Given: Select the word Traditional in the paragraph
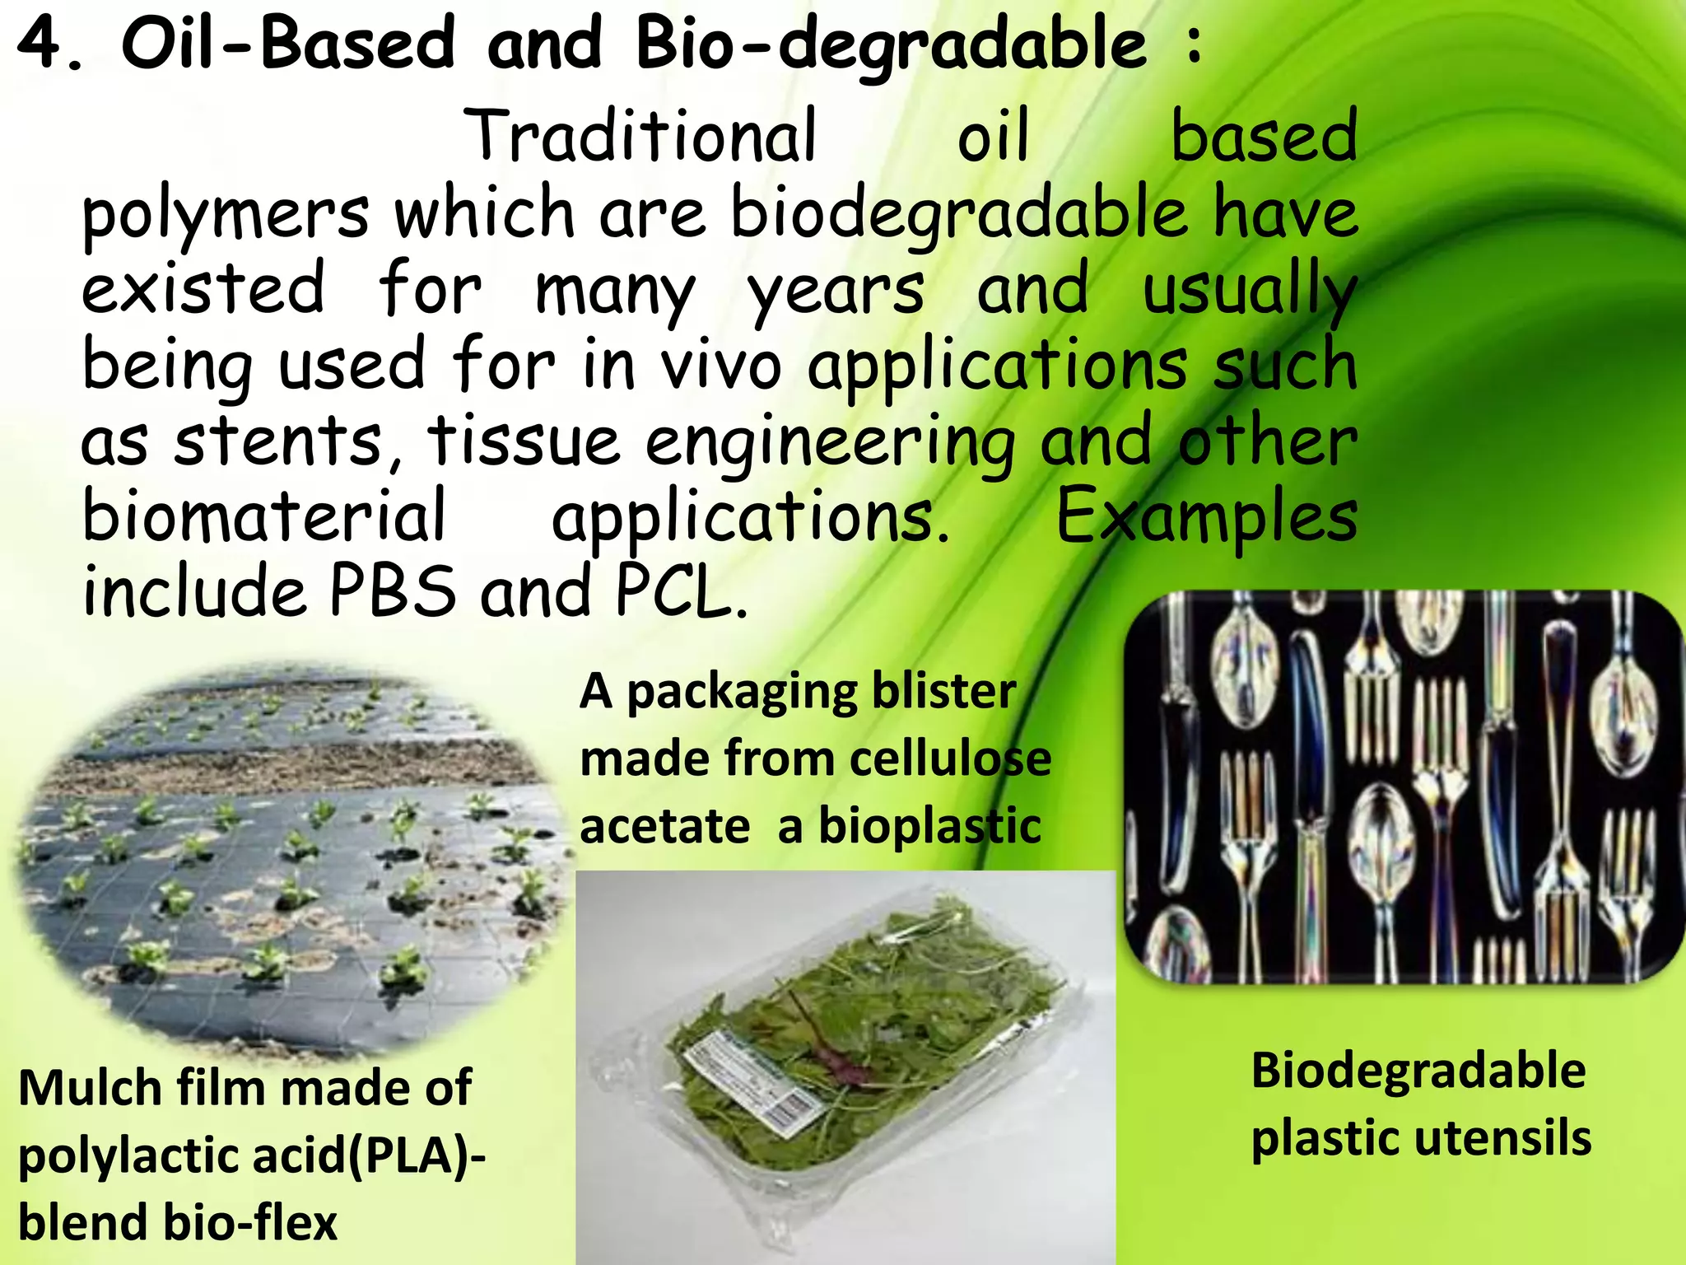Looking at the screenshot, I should point(642,136).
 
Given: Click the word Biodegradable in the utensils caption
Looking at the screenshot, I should point(1418,1071).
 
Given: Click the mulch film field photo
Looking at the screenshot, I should point(288,857).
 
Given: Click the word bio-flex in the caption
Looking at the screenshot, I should point(250,1222).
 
